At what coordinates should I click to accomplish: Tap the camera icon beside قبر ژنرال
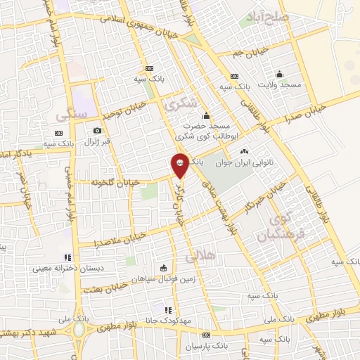click(97, 130)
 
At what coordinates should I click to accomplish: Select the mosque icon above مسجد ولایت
click(279, 74)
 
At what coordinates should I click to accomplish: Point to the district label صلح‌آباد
click(264, 15)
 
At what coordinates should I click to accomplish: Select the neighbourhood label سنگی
click(73, 111)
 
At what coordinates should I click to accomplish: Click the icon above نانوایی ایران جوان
click(244, 151)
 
